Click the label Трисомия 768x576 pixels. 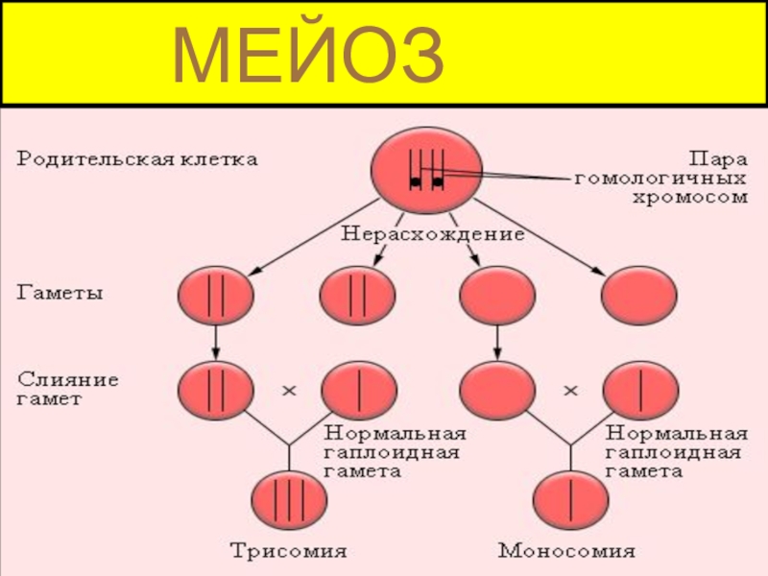[x=287, y=551]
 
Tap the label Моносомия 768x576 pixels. [x=566, y=551]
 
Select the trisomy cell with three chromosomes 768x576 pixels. [x=289, y=498]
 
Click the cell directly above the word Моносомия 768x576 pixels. [x=571, y=498]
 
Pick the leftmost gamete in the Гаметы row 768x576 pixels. [x=216, y=295]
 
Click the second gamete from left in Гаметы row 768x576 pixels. [x=357, y=295]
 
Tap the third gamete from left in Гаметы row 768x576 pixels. [x=497, y=295]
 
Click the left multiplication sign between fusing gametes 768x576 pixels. [x=288, y=391]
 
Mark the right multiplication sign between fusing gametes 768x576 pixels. [x=570, y=391]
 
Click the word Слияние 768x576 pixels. [x=67, y=379]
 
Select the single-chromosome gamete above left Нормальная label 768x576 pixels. [x=359, y=389]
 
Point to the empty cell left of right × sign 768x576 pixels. [x=497, y=389]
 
